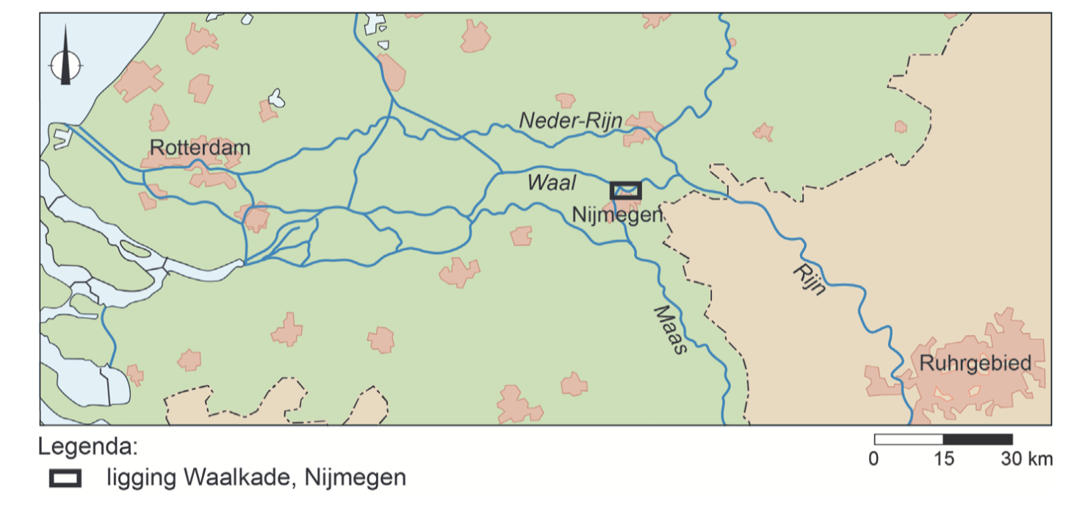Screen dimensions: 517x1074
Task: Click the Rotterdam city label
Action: (x=200, y=148)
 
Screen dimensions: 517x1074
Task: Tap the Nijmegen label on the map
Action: (x=617, y=214)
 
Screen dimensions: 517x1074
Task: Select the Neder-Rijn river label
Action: (x=571, y=121)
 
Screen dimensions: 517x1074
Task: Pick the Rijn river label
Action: (x=809, y=279)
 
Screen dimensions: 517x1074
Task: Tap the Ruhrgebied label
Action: (x=975, y=363)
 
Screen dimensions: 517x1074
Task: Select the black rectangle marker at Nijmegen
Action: (x=626, y=190)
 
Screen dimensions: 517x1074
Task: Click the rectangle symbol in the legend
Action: (x=65, y=477)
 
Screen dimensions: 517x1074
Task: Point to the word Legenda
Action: (x=87, y=447)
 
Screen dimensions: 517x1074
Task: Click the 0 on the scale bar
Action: (x=873, y=459)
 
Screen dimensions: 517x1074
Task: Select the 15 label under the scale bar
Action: (x=943, y=459)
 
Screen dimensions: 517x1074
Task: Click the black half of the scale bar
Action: (x=978, y=439)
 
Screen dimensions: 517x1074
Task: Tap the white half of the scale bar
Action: (x=909, y=439)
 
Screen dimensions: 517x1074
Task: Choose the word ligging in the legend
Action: (x=141, y=478)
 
